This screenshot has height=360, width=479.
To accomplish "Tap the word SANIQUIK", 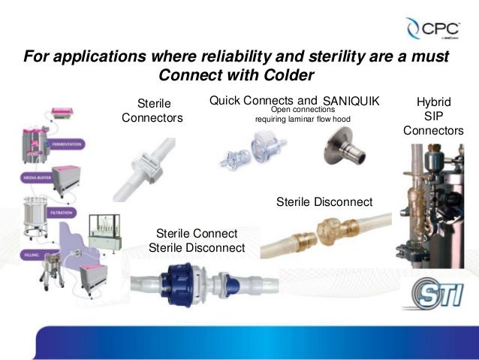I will coord(351,101).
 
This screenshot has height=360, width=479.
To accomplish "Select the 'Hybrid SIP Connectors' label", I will coord(433,116).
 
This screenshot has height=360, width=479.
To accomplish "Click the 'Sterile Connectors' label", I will coord(152,110).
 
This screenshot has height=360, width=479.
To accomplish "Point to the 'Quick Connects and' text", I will coord(263,100).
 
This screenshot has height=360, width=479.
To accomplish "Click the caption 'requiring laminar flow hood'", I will coord(303,119).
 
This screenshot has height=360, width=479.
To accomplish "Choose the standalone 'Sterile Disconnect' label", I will coord(324,201).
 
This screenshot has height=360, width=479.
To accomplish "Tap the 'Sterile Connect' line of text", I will coord(197,233).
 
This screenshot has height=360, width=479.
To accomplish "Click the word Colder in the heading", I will coord(276,76).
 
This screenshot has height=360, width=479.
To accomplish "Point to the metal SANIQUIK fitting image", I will coord(345,148).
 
